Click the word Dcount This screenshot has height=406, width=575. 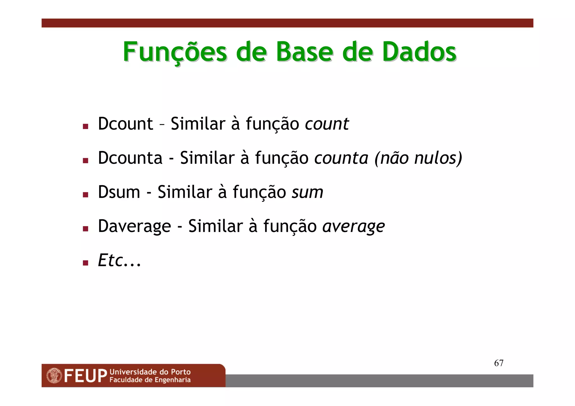(x=125, y=124)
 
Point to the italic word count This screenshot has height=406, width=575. (x=327, y=124)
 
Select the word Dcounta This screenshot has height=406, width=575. (x=130, y=158)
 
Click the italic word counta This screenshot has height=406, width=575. (x=341, y=158)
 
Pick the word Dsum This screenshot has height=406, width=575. (x=119, y=192)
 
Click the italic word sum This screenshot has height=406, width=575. (x=307, y=192)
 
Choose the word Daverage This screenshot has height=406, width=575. (x=134, y=226)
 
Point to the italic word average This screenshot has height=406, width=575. (x=353, y=227)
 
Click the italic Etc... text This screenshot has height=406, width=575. (x=119, y=260)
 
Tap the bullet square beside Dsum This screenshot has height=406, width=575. (x=86, y=195)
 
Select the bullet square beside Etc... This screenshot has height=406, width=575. (x=86, y=263)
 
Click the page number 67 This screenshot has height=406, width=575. (x=499, y=363)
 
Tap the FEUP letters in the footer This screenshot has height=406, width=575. (x=85, y=376)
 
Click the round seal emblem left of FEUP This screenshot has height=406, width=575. (x=54, y=376)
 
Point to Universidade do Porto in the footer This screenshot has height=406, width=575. (x=150, y=372)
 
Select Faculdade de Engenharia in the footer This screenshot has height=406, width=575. (x=150, y=380)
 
